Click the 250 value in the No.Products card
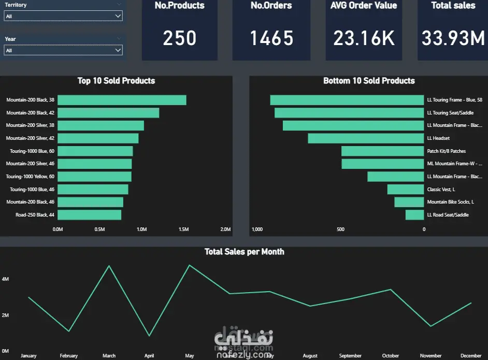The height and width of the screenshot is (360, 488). click(x=180, y=38)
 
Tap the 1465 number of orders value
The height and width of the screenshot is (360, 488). click(x=271, y=38)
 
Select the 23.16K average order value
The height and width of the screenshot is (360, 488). click(x=364, y=38)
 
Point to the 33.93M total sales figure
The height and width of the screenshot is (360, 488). click(x=453, y=38)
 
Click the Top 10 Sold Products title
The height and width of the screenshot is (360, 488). click(x=116, y=81)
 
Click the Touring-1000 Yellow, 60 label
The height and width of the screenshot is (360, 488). click(x=30, y=177)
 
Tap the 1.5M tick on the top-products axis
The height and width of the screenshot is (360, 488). click(x=183, y=229)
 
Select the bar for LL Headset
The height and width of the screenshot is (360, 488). click(x=366, y=138)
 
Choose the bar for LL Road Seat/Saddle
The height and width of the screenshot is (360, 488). click(x=414, y=214)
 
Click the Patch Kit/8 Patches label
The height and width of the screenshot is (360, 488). click(x=446, y=151)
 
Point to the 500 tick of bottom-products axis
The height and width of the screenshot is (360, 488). click(x=340, y=229)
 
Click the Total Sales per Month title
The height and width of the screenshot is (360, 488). click(x=244, y=252)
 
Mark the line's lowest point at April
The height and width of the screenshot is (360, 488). click(x=149, y=336)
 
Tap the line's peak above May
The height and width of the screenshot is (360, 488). click(x=190, y=265)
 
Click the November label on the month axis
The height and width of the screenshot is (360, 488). click(x=431, y=356)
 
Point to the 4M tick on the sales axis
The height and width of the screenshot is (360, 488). click(x=5, y=279)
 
